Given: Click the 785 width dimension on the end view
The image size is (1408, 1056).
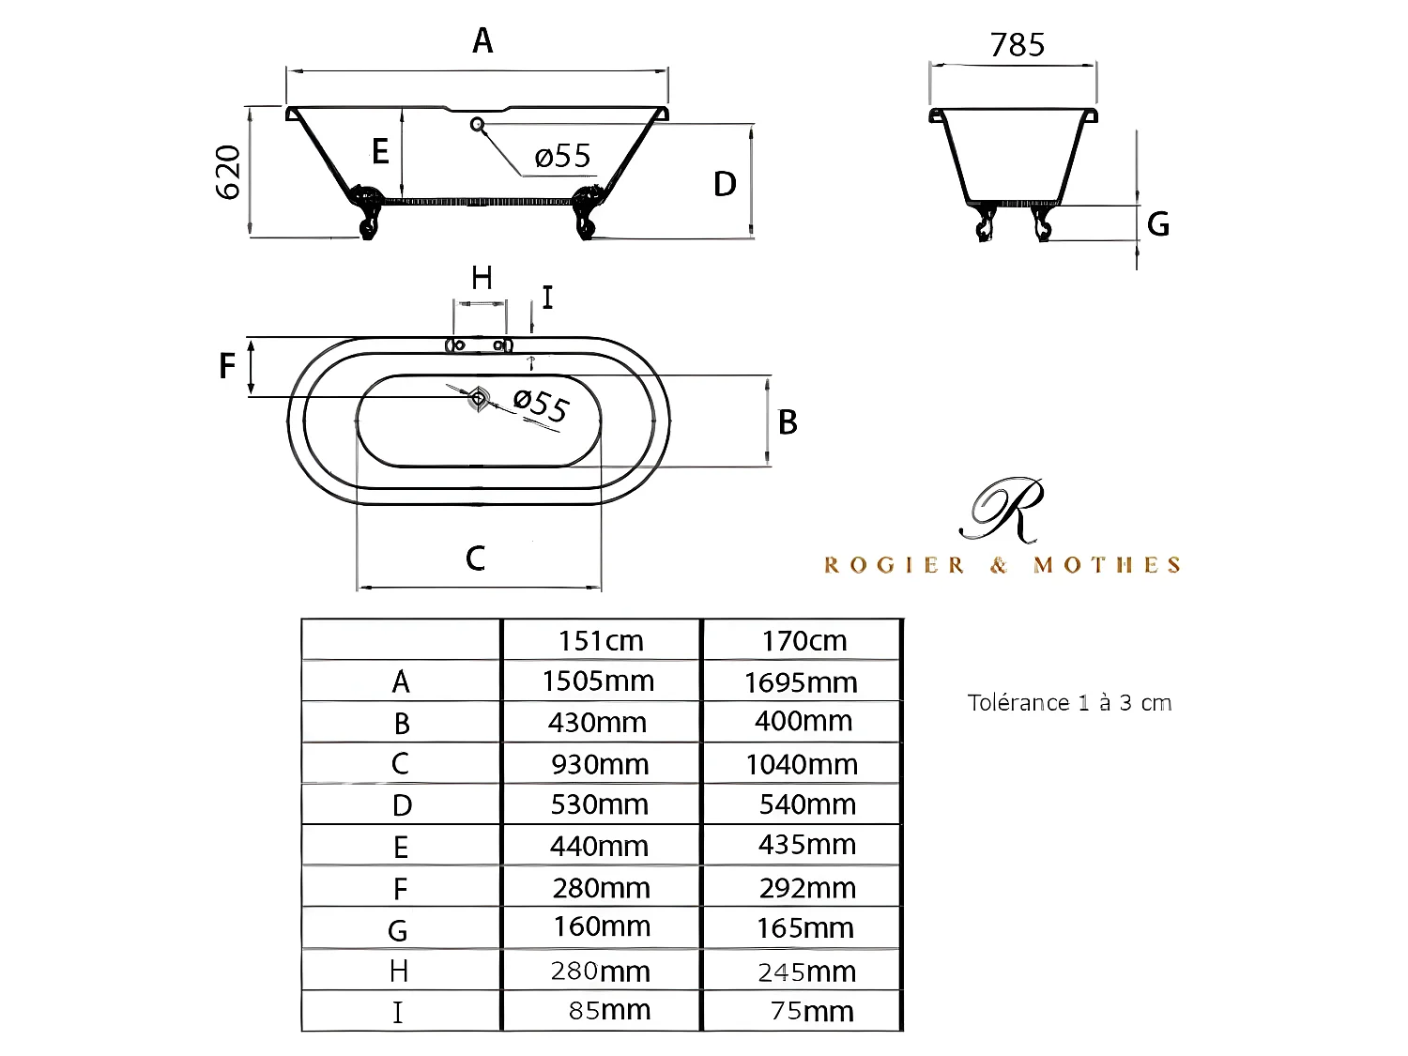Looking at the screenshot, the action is (x=1018, y=45).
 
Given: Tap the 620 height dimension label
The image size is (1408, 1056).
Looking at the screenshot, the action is (x=228, y=172).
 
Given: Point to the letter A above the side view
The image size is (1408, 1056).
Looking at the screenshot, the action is (x=483, y=40).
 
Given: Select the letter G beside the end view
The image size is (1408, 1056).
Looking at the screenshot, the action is (x=1158, y=223).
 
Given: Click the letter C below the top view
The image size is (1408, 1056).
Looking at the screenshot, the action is (x=475, y=558).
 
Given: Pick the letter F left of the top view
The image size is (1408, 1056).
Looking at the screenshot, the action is (x=227, y=365).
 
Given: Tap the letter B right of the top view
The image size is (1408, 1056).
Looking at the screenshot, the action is (x=788, y=421).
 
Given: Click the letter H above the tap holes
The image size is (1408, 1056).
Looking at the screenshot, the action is (x=482, y=278).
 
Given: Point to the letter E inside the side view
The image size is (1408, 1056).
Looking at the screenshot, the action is (x=380, y=151).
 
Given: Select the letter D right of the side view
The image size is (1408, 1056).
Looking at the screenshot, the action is (x=725, y=184).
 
